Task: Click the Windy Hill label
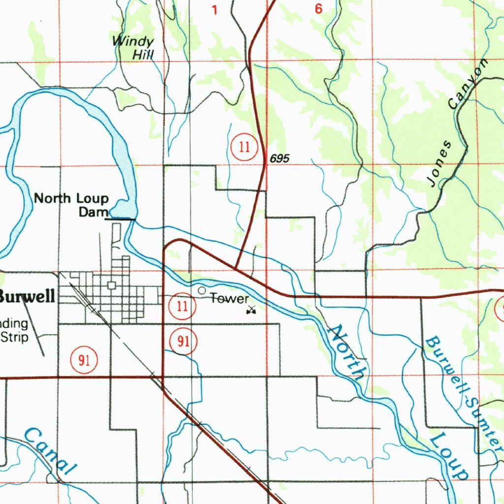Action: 133,48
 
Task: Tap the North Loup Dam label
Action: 72,205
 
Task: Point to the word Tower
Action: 229,298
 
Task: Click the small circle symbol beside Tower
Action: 201,291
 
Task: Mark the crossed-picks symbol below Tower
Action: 252,310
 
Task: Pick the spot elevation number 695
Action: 280,158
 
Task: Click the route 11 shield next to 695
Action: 244,147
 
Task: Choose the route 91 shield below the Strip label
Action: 84,360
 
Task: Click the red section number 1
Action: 214,9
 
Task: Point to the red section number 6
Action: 318,9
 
